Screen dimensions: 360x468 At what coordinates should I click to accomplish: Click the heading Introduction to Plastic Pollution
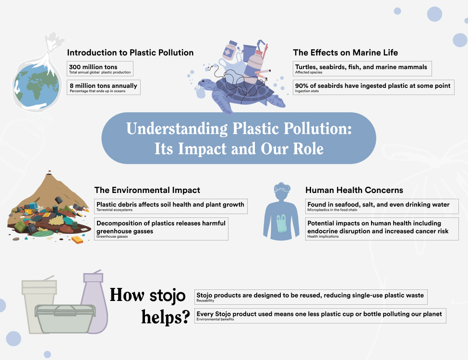(x=130, y=53)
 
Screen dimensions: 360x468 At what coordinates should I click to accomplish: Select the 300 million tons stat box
(x=100, y=69)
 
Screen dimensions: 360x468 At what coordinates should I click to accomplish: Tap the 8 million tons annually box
(x=104, y=88)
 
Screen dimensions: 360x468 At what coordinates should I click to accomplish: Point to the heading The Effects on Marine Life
(x=346, y=53)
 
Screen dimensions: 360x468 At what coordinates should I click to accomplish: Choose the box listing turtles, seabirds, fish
(x=362, y=69)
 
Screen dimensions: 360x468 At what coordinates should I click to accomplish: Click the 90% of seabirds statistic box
(x=373, y=87)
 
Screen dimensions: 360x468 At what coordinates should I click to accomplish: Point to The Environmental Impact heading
(x=147, y=191)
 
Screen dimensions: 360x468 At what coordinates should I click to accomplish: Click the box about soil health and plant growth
(x=171, y=206)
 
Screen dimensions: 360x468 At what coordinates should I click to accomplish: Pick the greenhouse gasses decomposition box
(x=161, y=229)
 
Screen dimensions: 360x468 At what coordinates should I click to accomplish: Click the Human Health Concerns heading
(x=354, y=191)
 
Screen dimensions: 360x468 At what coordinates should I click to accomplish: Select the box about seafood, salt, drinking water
(x=382, y=206)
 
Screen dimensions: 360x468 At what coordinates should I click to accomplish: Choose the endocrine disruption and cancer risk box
(x=382, y=229)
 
